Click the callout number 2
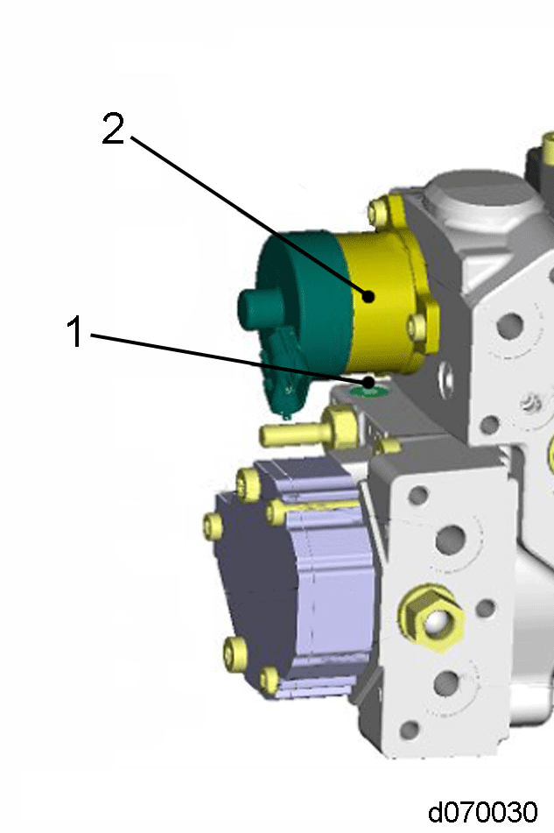pyautogui.click(x=113, y=128)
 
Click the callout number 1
pyautogui.click(x=74, y=331)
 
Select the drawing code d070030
pyautogui.click(x=483, y=812)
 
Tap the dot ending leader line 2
pyautogui.click(x=368, y=296)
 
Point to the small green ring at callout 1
pyautogui.click(x=368, y=392)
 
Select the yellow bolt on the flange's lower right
pyautogui.click(x=420, y=326)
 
